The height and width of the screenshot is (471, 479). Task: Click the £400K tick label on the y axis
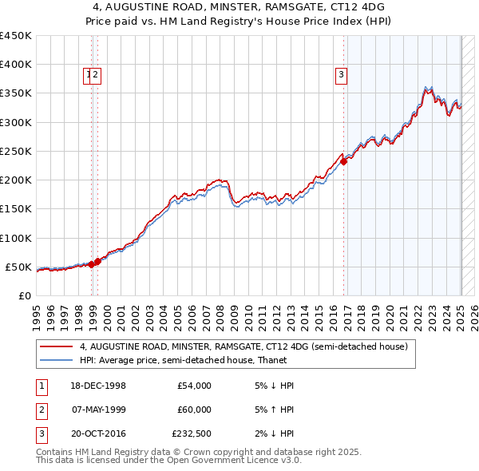16,65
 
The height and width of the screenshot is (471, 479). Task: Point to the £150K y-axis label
16,209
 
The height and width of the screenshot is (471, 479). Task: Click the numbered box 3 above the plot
341,76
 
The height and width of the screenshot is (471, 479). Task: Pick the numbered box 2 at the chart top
96,76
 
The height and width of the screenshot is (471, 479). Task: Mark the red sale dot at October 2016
344,161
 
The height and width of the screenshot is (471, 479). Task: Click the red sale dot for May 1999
97,261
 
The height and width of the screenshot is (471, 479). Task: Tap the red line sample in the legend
56,347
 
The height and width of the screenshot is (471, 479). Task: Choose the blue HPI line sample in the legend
56,360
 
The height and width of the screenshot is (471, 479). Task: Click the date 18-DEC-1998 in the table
99,386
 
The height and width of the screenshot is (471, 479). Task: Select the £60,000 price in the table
194,410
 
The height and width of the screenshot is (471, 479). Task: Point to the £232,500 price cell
192,433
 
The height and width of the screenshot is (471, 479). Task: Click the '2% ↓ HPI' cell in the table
272,433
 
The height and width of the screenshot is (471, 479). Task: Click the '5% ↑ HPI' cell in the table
272,410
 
